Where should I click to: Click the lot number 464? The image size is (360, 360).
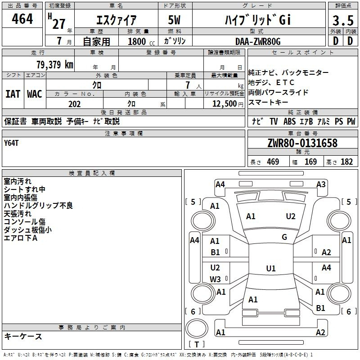pos(22,18)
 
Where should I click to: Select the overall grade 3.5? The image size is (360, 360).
pos(343,20)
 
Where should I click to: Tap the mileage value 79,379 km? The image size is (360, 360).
pos(55,64)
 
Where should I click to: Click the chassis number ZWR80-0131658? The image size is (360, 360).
pos(302,143)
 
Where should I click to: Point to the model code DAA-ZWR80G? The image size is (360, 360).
pos(258,41)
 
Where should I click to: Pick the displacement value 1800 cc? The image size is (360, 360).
pos(141,41)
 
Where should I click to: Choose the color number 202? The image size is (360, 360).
pos(74,104)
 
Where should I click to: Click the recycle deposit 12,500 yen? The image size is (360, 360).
pos(228,104)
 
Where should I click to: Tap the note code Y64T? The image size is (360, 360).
pos(11,143)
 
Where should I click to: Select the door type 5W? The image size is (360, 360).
pos(174,20)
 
